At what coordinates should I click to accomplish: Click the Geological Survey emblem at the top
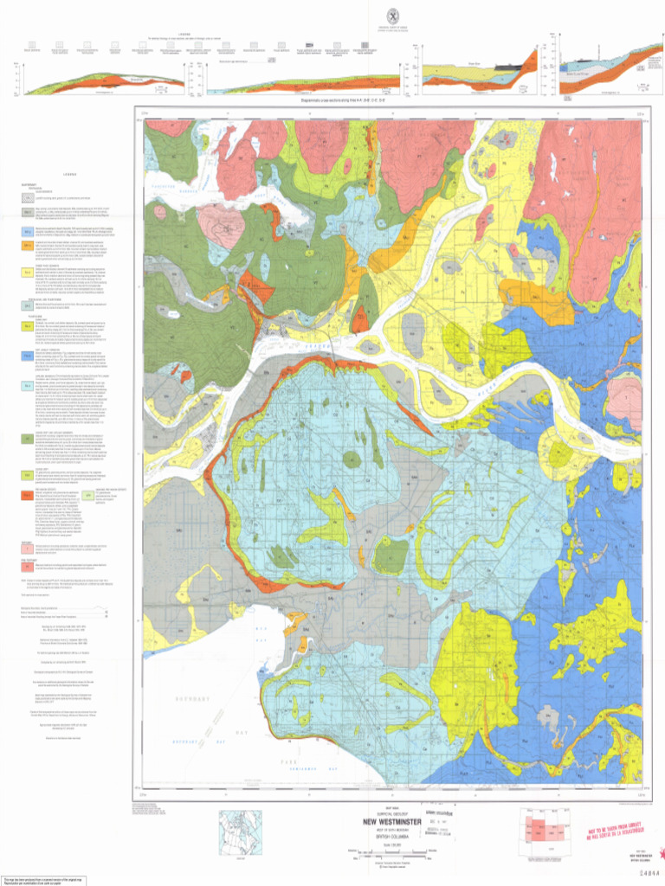(392, 15)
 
